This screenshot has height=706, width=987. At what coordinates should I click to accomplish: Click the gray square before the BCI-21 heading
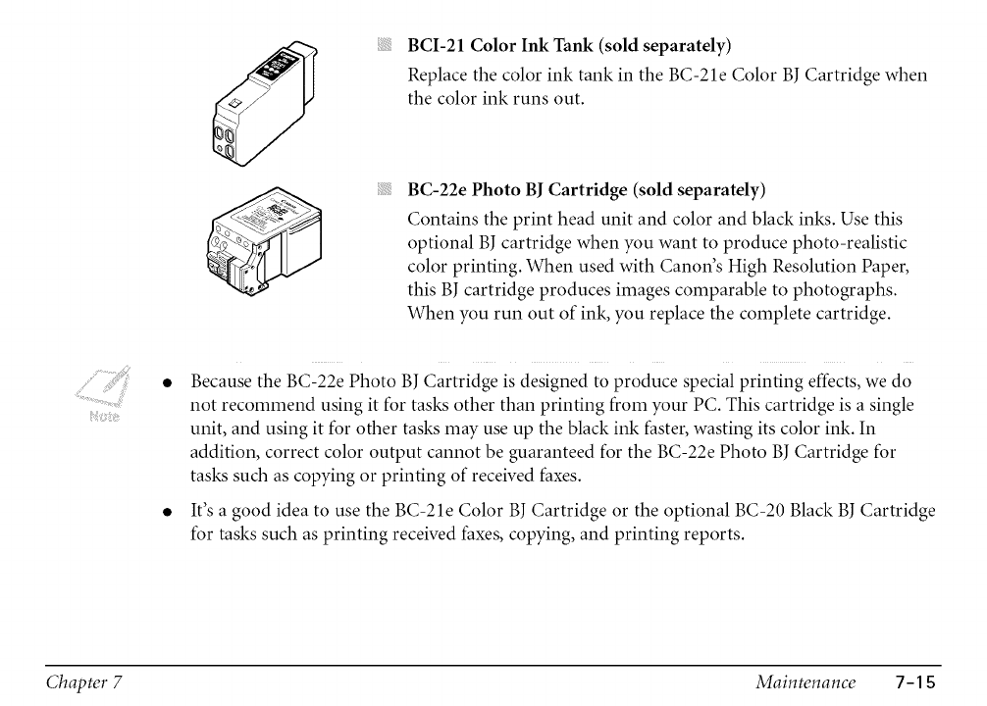click(x=385, y=45)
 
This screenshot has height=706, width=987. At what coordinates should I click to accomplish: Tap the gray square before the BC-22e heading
click(x=385, y=188)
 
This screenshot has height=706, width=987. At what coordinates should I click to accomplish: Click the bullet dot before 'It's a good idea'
click(x=168, y=511)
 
